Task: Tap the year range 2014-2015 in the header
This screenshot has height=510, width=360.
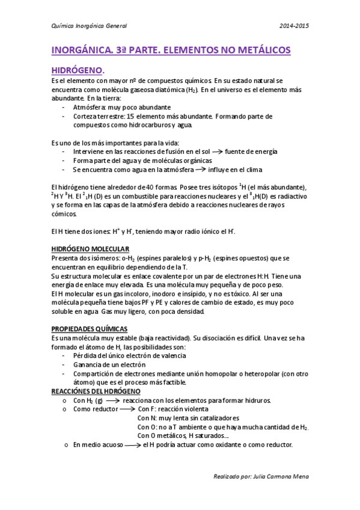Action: [295, 25]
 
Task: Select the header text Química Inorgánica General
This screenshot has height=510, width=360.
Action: [89, 25]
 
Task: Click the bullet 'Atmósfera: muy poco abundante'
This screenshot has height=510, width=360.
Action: [117, 107]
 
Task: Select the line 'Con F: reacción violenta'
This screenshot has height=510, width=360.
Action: [172, 409]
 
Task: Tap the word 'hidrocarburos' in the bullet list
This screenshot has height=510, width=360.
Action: [135, 125]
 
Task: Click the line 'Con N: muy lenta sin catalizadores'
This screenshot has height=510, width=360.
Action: [189, 418]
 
